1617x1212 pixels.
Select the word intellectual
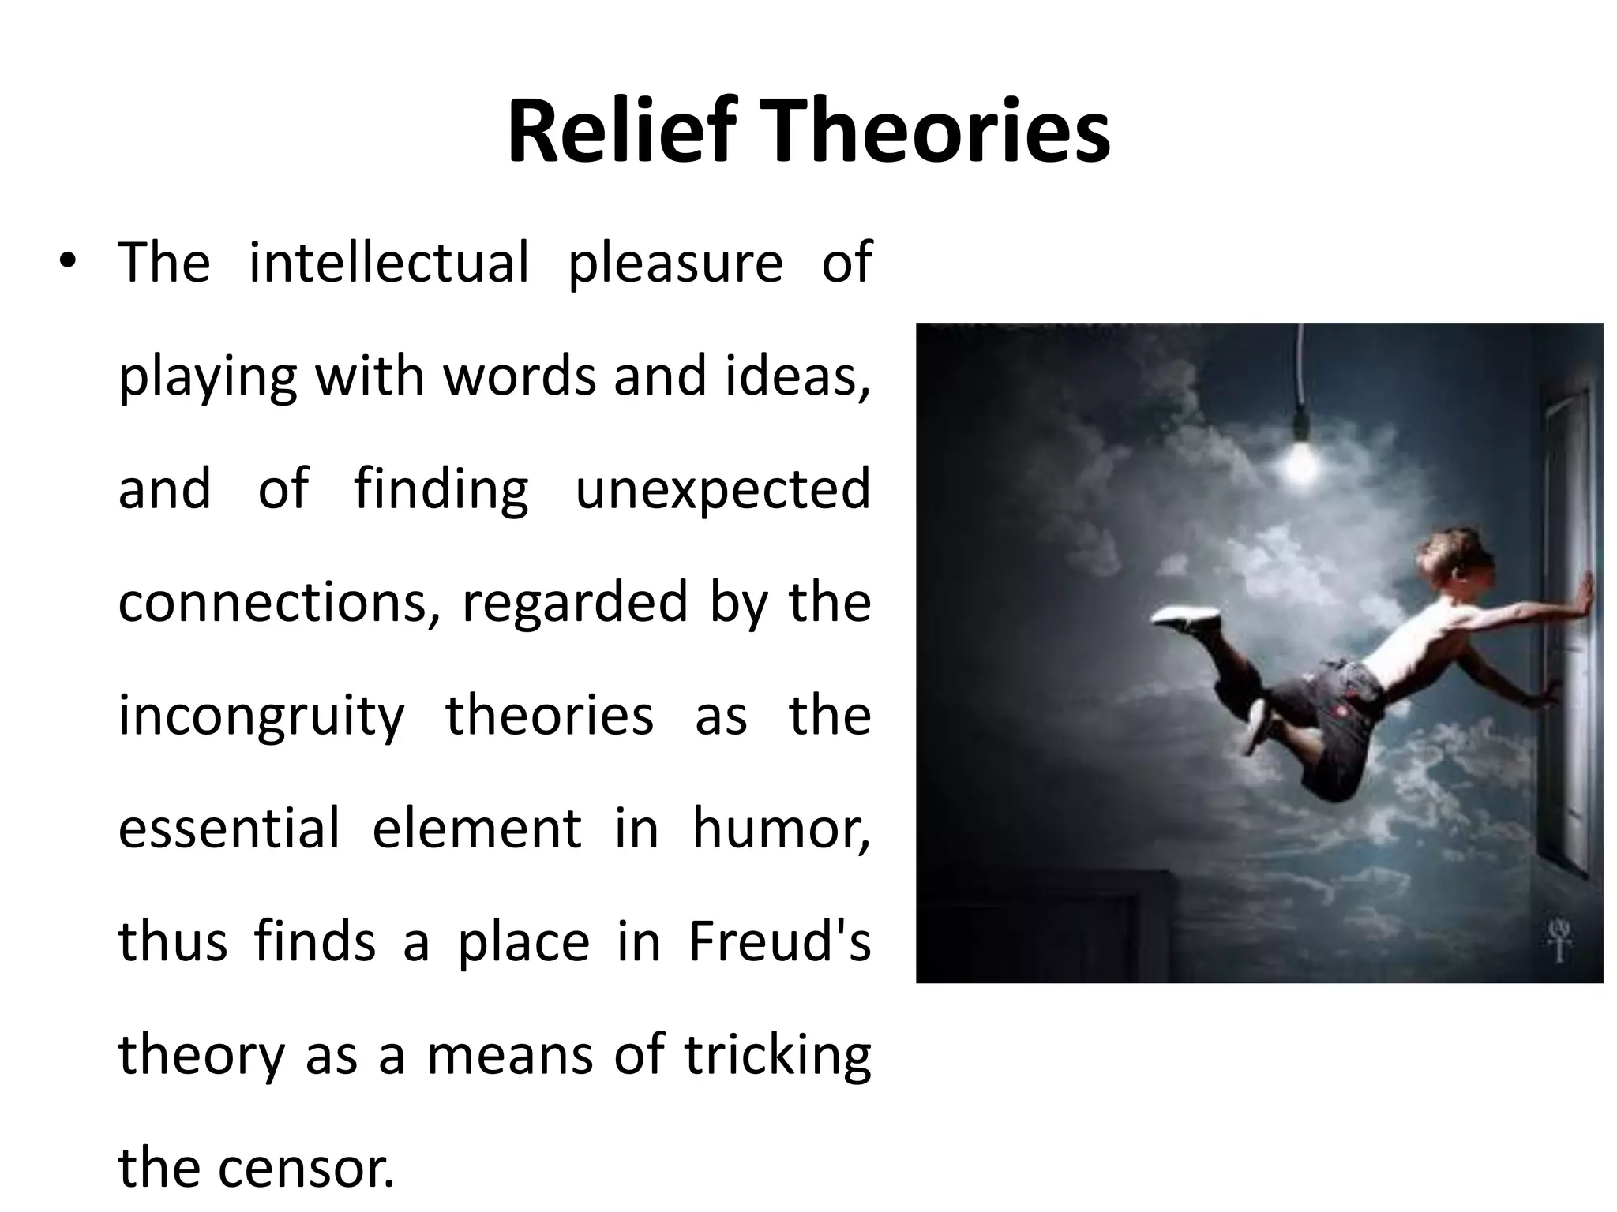click(388, 262)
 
